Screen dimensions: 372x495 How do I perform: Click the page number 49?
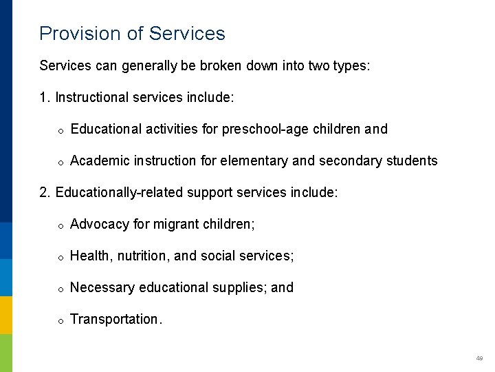[x=479, y=358]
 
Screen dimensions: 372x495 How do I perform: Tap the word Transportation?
[x=115, y=319]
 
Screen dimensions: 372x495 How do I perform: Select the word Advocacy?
[x=100, y=224]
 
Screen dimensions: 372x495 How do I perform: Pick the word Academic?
[x=99, y=161]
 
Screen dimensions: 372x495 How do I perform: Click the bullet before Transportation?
[x=60, y=320]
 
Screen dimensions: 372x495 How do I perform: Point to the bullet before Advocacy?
[x=60, y=225]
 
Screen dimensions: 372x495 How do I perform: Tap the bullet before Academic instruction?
[x=60, y=162]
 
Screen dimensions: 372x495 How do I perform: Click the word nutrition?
[x=142, y=256]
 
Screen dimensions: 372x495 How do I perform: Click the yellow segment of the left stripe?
[x=6, y=315]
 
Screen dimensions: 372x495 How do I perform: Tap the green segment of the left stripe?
[x=6, y=353]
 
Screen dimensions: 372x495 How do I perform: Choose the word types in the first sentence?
[x=351, y=65]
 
